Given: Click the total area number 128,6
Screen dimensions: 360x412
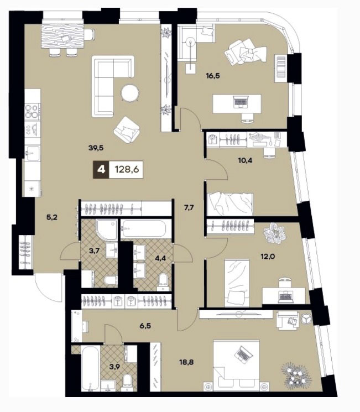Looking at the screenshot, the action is (127, 170).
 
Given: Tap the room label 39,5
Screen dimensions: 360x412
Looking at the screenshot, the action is (96, 148).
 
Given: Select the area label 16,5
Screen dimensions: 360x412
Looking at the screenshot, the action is (213, 76).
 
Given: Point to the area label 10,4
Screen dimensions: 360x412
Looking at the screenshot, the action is (245, 160).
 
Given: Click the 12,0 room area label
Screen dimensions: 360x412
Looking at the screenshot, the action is (268, 256).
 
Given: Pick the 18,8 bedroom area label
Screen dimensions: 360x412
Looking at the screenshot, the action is (186, 362).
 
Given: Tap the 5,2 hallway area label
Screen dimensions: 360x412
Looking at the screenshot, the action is (52, 217).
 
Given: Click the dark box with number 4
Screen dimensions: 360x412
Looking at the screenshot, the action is (101, 169).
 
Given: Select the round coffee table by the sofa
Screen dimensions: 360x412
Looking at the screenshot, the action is (130, 93).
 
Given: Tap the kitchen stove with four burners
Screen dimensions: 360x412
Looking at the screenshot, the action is (33, 111).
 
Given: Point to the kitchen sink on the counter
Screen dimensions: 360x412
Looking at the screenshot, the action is (32, 152).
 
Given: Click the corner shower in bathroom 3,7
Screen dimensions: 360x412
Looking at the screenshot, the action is (106, 230).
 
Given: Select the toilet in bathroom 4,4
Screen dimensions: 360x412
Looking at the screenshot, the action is (164, 280).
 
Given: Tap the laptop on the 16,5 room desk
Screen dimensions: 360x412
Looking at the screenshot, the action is (241, 101).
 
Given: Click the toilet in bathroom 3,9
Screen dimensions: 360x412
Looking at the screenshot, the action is (127, 381).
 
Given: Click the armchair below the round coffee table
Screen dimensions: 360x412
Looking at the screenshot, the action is (127, 130).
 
